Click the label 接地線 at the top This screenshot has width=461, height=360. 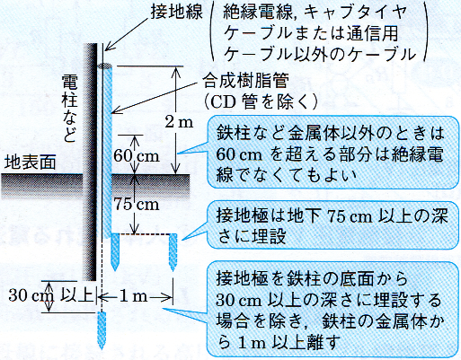(176, 13)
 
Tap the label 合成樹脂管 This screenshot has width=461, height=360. (246, 81)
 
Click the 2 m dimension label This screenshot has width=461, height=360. (179, 122)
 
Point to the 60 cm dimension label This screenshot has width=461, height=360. (136, 155)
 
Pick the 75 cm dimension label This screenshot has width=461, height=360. (137, 204)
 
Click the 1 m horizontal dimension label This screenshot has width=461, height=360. (134, 296)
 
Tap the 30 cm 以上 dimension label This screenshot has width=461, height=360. (50, 295)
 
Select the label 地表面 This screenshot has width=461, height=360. (31, 162)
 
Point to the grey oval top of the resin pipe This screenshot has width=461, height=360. (104, 66)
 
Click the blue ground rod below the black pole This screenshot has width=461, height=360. (102, 330)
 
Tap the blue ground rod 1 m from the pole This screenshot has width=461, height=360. (173, 252)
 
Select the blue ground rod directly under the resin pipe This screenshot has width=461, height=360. (115, 252)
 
